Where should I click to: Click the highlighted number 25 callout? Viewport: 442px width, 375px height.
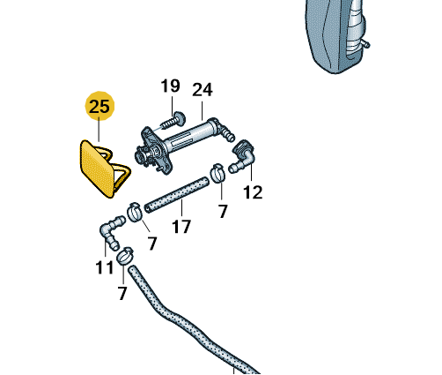point(99,106)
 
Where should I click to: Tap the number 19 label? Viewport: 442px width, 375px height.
point(170,86)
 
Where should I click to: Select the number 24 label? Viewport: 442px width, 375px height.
point(203,90)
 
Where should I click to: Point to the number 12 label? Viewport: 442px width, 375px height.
point(253,192)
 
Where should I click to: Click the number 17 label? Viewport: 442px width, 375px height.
point(181,227)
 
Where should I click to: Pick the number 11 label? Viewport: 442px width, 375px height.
point(105,267)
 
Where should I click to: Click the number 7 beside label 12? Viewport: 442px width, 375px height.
point(223,211)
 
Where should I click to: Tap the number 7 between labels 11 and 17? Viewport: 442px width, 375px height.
point(152,244)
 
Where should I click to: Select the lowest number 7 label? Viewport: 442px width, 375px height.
point(122,293)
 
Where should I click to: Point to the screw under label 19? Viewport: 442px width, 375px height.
point(173,121)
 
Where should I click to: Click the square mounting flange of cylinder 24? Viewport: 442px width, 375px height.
point(154,151)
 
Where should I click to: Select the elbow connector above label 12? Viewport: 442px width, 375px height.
point(243,157)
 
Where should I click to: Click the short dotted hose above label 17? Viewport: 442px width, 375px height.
point(176,194)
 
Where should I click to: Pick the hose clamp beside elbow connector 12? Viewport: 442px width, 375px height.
point(217,173)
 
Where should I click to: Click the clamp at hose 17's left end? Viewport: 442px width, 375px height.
point(135,213)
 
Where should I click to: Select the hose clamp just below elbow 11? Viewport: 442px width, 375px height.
point(125,257)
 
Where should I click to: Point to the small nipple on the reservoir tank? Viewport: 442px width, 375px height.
point(365,44)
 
